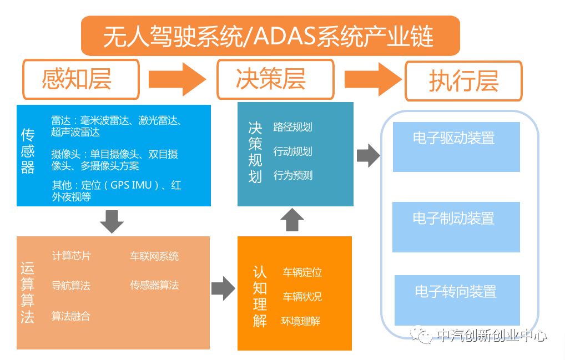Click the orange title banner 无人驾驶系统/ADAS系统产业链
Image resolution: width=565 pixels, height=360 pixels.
[270, 36]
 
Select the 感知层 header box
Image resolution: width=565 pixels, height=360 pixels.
[81, 79]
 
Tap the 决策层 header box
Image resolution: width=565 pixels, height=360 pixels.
[276, 79]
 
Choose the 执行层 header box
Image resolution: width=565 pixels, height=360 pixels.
[464, 81]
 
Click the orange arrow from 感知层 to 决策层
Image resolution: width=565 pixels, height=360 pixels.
[177, 79]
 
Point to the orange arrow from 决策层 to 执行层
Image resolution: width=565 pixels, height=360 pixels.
[374, 79]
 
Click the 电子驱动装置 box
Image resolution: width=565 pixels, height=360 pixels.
[456, 147]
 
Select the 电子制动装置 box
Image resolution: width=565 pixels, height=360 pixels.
[456, 227]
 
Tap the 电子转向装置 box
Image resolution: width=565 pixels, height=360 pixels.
[457, 300]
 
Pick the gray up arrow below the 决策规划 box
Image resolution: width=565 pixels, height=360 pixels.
[292, 220]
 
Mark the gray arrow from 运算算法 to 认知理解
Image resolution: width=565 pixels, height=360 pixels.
[224, 288]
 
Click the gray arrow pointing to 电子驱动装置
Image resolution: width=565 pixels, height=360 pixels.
[369, 155]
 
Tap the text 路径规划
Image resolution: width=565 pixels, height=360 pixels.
[292, 127]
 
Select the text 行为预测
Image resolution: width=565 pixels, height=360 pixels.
[292, 175]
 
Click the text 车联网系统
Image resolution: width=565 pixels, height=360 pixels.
[154, 256]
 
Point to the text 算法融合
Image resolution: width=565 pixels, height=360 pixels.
[70, 316]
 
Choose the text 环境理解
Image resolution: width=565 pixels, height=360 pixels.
[300, 321]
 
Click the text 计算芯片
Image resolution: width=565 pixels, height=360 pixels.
[72, 256]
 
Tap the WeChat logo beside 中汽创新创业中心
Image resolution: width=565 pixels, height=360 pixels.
[422, 335]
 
